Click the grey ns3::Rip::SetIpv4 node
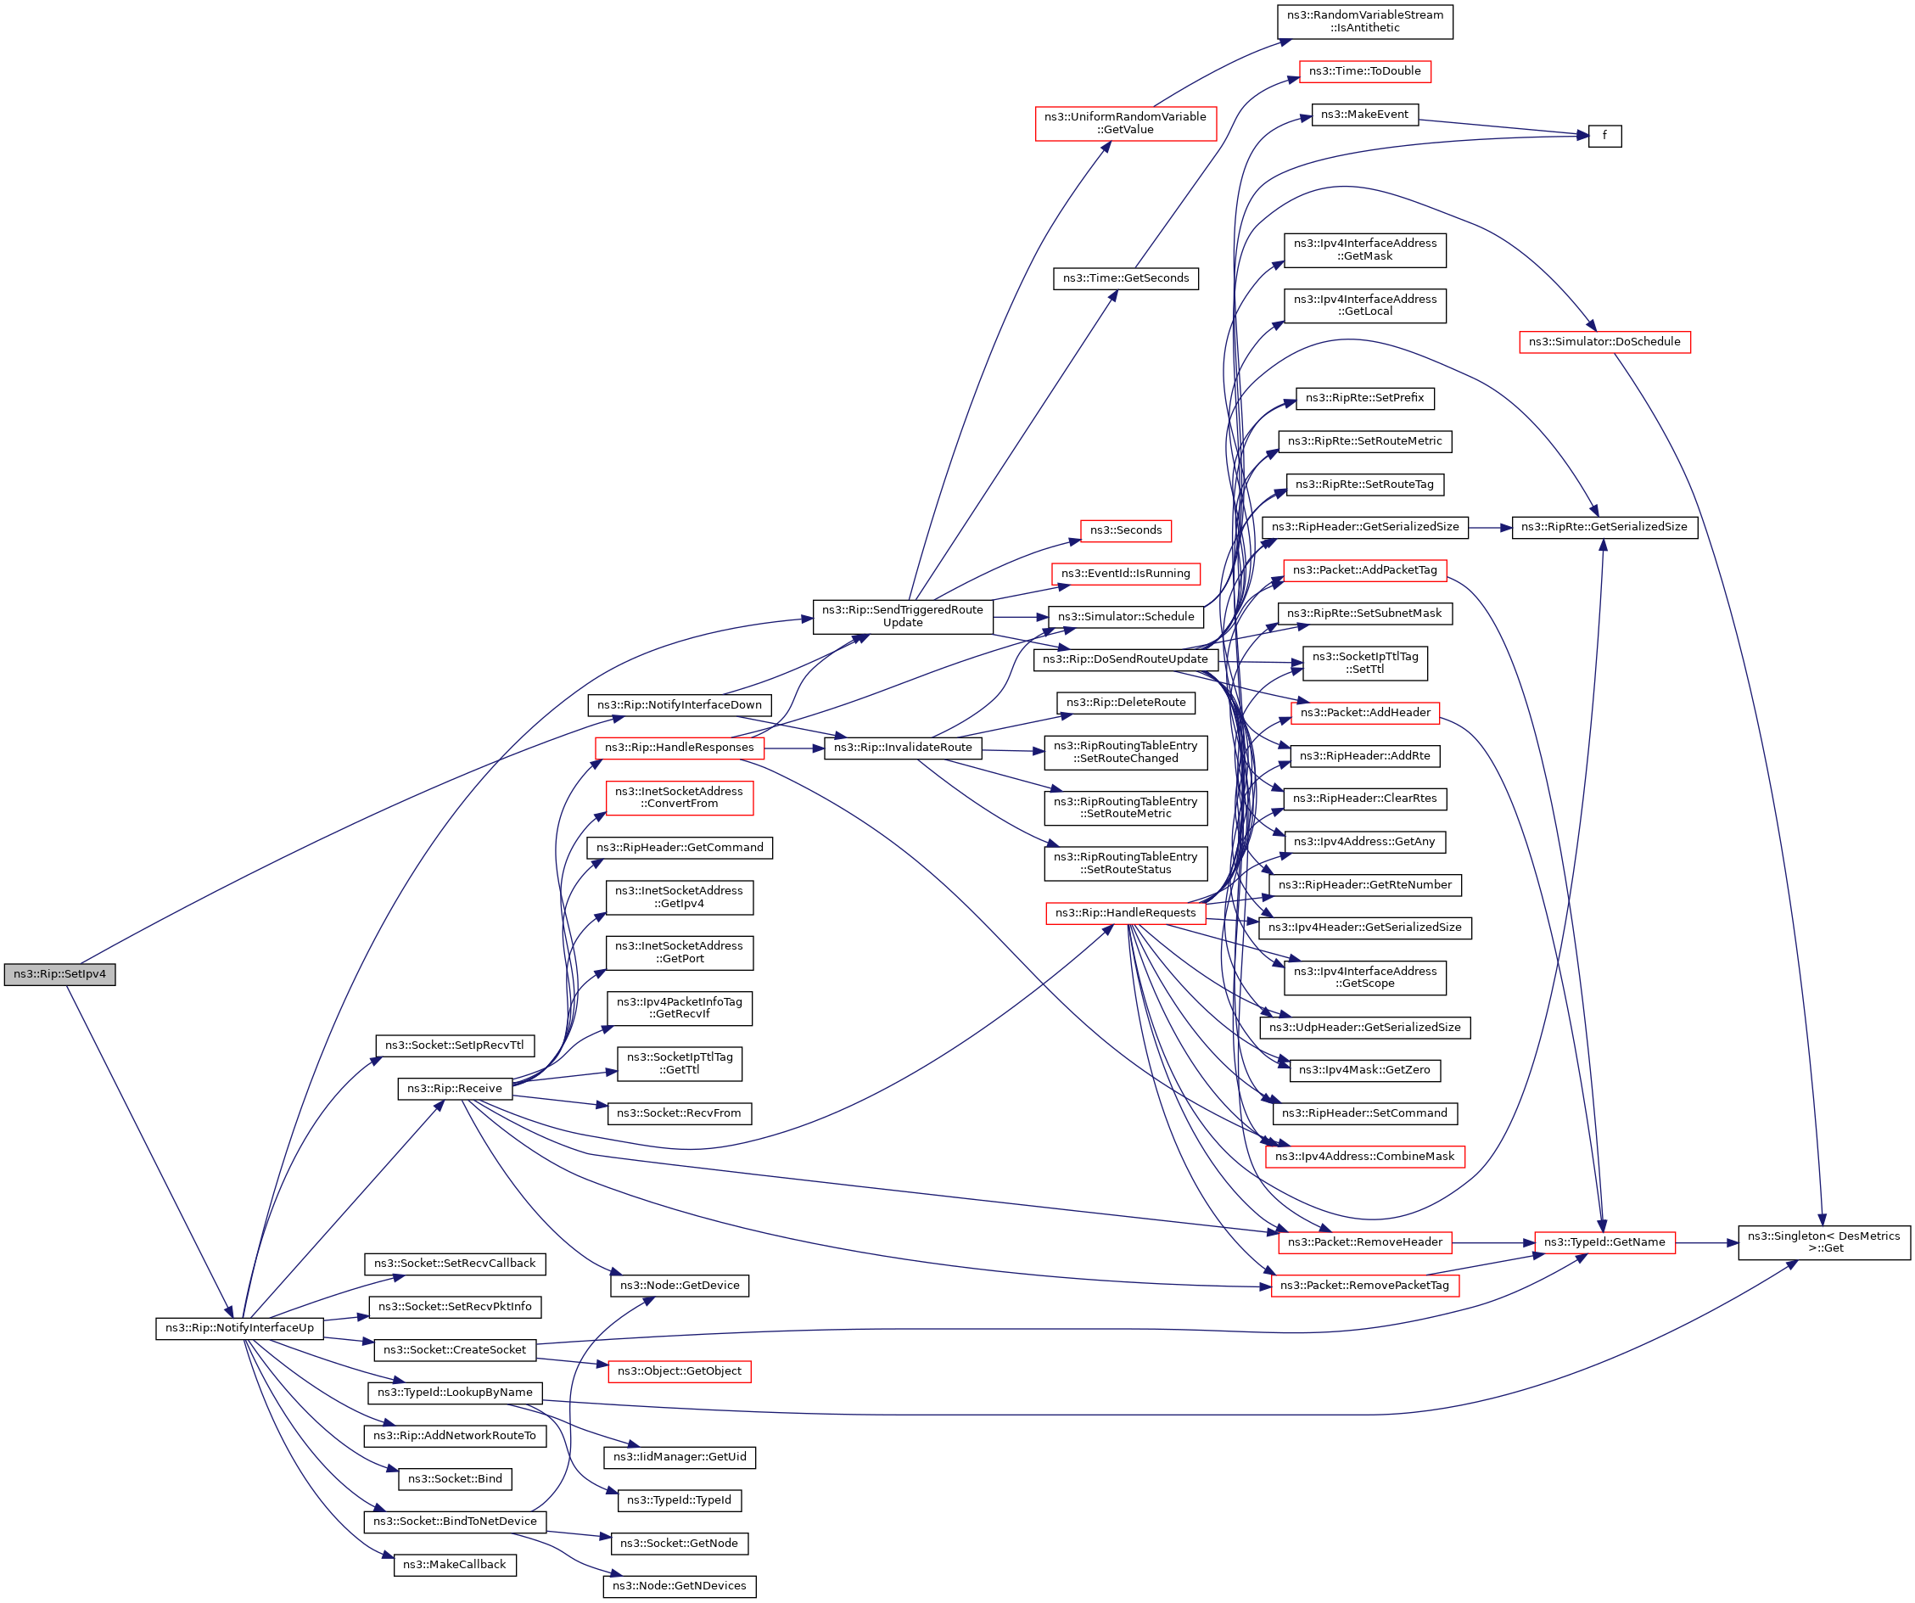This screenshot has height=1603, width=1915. pyautogui.click(x=59, y=974)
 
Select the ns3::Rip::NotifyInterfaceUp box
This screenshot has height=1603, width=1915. pyautogui.click(x=239, y=1327)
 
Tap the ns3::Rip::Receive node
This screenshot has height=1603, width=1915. pyautogui.click(x=454, y=1088)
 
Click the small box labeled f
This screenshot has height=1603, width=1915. pyautogui.click(x=1604, y=136)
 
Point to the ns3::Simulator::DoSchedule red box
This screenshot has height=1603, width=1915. pyautogui.click(x=1604, y=342)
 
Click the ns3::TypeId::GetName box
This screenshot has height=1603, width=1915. pyautogui.click(x=1604, y=1241)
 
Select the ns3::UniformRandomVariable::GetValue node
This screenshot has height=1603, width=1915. pyautogui.click(x=1125, y=123)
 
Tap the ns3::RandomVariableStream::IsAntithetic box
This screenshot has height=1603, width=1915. pyautogui.click(x=1364, y=21)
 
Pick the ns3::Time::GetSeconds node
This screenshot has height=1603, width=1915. pyautogui.click(x=1125, y=278)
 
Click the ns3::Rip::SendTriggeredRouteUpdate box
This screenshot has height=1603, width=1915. pyautogui.click(x=902, y=615)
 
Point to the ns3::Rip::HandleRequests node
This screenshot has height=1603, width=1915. pyautogui.click(x=1125, y=913)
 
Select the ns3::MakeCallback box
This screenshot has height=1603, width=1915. pyautogui.click(x=454, y=1565)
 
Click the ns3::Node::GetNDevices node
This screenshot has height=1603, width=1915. pyautogui.click(x=679, y=1586)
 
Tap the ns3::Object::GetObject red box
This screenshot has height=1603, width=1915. pyautogui.click(x=679, y=1371)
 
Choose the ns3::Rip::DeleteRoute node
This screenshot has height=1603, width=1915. pyautogui.click(x=1125, y=702)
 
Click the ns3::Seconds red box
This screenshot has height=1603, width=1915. pyautogui.click(x=1125, y=530)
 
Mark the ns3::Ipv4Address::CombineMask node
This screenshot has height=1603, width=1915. pyautogui.click(x=1364, y=1156)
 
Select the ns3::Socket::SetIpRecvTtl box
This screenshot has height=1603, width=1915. pyautogui.click(x=454, y=1045)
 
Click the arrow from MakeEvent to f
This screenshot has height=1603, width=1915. pyautogui.click(x=1504, y=126)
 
